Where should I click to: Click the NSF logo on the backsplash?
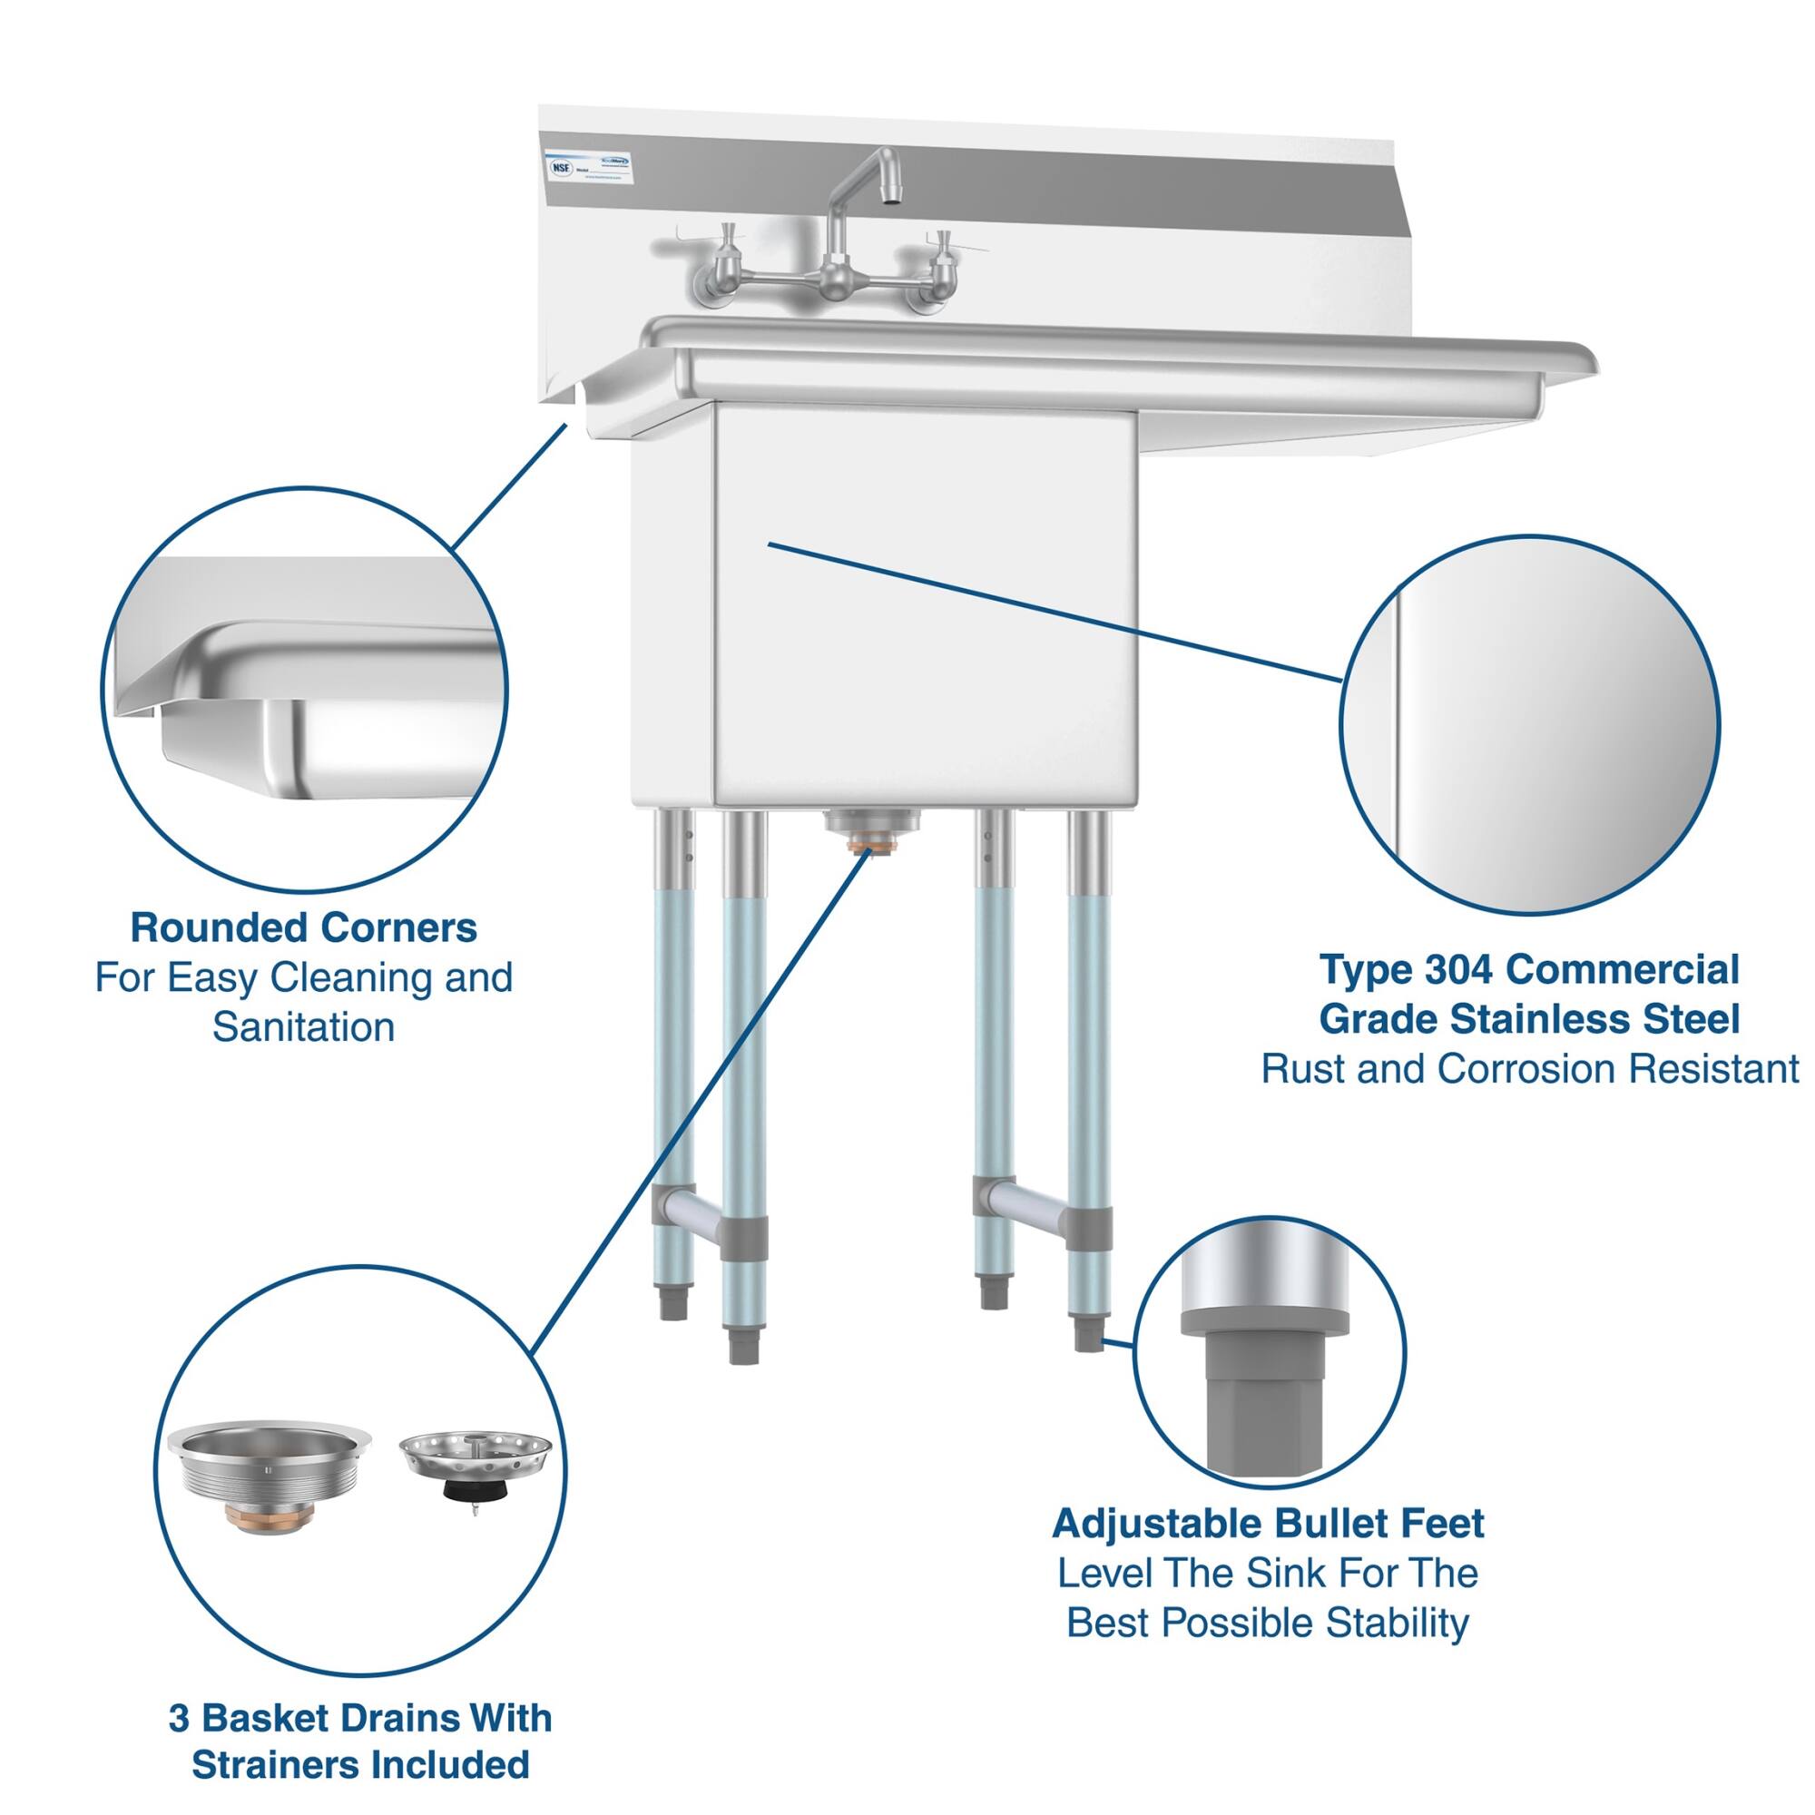coord(561,165)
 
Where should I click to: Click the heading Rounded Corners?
coord(303,928)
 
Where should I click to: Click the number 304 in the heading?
coord(1457,969)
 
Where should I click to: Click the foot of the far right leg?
coord(1087,1334)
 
